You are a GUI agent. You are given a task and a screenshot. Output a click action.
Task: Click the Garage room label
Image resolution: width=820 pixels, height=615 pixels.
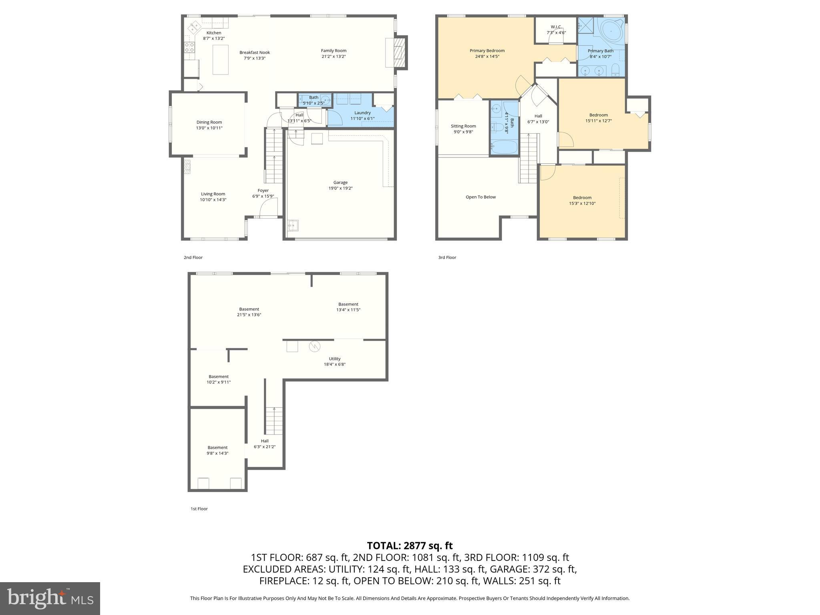340,183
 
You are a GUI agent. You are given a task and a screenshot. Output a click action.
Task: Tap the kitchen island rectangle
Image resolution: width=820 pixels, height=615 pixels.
220,60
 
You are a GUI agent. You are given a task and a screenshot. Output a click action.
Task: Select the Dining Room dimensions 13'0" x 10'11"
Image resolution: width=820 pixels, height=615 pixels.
209,128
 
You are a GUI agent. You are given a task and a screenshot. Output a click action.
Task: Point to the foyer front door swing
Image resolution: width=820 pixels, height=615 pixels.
269,208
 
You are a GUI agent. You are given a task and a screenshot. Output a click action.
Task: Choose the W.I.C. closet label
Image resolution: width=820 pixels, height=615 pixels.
556,27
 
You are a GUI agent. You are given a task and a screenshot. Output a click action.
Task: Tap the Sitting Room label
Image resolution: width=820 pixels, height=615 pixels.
463,126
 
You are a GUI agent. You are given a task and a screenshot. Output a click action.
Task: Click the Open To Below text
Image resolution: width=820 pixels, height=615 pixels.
480,197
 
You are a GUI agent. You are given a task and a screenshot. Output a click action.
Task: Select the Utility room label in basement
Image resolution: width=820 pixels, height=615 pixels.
335,359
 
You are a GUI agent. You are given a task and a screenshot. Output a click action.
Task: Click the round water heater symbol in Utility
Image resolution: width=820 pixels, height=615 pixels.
314,346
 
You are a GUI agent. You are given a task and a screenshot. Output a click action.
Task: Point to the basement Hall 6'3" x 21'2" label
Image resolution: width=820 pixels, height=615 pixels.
265,444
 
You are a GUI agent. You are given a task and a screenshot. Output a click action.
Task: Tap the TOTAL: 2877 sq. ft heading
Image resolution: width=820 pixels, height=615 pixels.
410,546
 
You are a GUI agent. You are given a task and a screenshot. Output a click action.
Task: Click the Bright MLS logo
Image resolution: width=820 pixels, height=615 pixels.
50,599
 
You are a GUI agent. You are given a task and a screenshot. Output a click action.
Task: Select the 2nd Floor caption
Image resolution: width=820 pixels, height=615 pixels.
193,257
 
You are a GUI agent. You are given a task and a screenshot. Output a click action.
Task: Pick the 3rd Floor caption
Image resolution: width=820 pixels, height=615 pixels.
447,257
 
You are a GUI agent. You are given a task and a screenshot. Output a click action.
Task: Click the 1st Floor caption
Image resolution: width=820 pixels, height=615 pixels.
199,509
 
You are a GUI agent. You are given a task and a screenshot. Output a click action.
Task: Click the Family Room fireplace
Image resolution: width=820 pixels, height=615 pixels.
399,52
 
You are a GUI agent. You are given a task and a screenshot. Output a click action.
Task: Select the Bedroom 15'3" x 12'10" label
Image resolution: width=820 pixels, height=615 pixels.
582,200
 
